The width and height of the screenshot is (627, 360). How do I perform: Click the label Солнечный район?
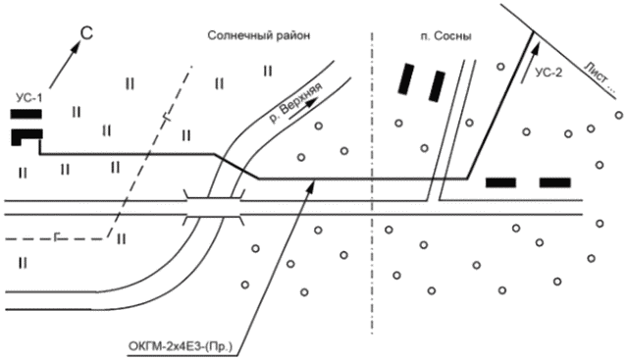click(259, 36)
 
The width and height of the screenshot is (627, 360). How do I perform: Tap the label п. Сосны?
click(445, 36)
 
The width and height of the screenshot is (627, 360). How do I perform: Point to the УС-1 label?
click(28, 98)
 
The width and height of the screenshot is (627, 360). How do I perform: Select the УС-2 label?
click(549, 73)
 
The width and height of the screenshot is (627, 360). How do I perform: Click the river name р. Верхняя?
click(295, 103)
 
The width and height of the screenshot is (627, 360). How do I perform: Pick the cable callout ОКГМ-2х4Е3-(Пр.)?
click(181, 345)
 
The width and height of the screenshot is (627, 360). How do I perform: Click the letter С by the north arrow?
click(86, 33)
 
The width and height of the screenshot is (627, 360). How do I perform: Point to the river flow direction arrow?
click(305, 109)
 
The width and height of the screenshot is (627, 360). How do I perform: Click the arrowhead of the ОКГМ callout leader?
click(309, 186)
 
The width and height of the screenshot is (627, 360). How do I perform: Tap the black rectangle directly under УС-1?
click(26, 114)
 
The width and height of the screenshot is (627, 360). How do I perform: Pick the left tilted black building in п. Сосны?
click(405, 78)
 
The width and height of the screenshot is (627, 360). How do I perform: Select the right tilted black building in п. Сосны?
click(437, 86)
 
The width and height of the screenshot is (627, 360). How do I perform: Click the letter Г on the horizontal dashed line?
click(57, 238)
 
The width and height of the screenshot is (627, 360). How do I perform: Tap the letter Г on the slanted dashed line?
click(166, 118)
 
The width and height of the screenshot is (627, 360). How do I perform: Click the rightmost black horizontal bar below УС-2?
click(555, 183)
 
